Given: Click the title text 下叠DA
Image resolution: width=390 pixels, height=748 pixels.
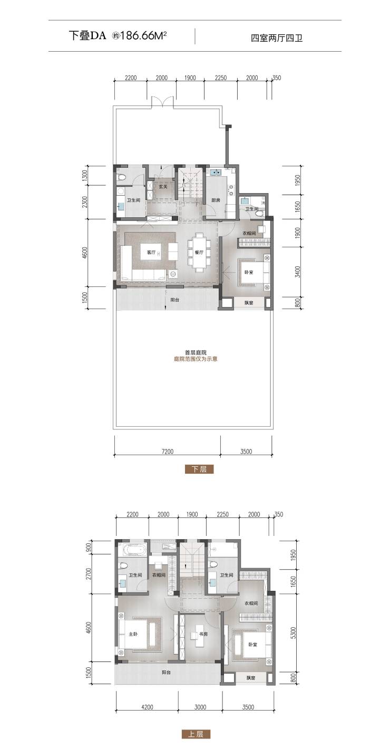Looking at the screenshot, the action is pos(87,36).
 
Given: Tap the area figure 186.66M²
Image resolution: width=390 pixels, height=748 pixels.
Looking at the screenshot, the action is pos(143,36).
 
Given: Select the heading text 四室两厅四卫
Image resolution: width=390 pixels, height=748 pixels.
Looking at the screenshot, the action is pos(277,38).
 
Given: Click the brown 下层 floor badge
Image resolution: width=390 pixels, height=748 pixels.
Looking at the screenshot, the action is pos(199,469).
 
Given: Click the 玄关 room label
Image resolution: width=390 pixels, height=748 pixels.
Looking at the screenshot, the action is pos(163,187).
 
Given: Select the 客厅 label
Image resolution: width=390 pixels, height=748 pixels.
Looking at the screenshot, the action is pos(151,253).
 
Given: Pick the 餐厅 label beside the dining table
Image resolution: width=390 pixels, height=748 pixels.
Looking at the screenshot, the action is pos(199,253).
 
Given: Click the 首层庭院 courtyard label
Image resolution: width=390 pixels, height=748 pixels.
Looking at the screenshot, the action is pos(196,352).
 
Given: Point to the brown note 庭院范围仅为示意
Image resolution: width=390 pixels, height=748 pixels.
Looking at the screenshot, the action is pos(196,359).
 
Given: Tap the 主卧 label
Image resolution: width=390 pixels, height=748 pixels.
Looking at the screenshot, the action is pos(133,634).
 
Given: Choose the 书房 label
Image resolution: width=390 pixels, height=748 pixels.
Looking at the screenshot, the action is pos(203,634).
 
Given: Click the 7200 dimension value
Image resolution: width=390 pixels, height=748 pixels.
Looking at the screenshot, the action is pos(167,452).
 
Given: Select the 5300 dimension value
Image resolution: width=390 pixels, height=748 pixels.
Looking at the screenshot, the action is pos(294,631).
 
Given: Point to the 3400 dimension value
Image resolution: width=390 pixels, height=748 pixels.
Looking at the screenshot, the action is pos(298,272).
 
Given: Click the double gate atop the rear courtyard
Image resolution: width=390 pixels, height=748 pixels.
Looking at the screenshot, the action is pos(162,101).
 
